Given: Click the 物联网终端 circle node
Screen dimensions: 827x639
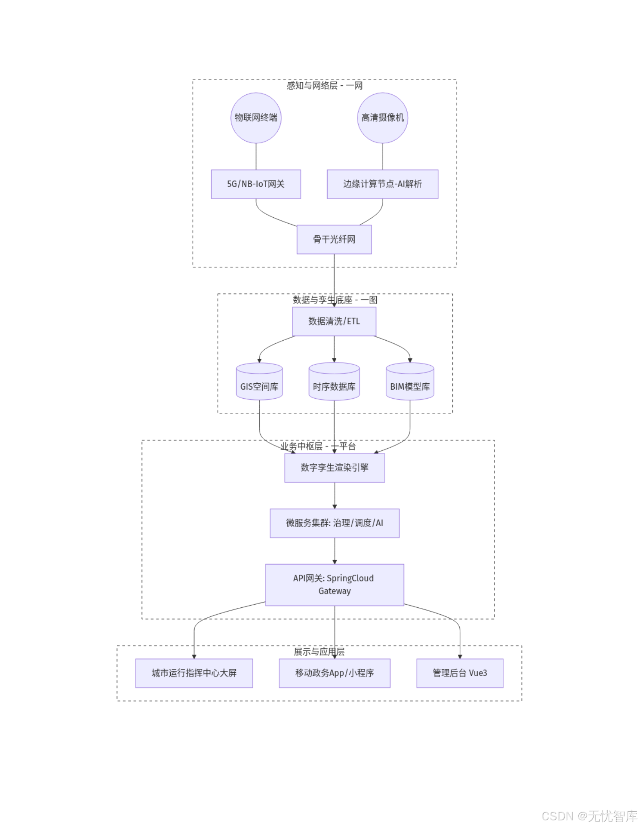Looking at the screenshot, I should [x=256, y=117].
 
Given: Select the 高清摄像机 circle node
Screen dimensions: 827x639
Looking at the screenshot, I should [x=382, y=117].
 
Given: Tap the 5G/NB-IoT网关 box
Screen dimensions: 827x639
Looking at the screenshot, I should [x=256, y=184].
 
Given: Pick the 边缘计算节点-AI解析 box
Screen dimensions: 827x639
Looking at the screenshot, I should [x=382, y=184].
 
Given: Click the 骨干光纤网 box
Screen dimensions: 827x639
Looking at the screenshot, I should [x=334, y=239].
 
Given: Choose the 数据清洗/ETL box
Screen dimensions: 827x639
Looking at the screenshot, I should [x=334, y=321].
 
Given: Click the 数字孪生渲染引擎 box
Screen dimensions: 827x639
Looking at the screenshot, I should [x=334, y=468].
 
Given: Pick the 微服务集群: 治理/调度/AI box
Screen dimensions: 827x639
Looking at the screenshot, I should [x=334, y=523].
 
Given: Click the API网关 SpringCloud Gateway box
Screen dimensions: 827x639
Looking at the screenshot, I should [x=334, y=585].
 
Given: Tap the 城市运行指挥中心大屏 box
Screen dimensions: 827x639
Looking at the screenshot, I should [x=194, y=673].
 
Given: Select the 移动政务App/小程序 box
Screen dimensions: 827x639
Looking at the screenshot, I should [x=334, y=673].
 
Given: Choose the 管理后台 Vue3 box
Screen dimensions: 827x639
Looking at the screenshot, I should [x=460, y=673].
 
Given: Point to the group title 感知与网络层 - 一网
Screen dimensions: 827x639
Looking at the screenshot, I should [x=324, y=85].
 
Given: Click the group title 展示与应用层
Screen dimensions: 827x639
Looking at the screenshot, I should [x=319, y=652].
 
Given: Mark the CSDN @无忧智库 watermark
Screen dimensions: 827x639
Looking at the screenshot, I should [x=589, y=816].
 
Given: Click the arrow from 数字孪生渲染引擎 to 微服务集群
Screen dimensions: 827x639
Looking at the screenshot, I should [x=334, y=496].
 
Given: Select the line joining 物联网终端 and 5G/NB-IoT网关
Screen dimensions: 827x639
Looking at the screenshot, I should [x=256, y=157].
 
